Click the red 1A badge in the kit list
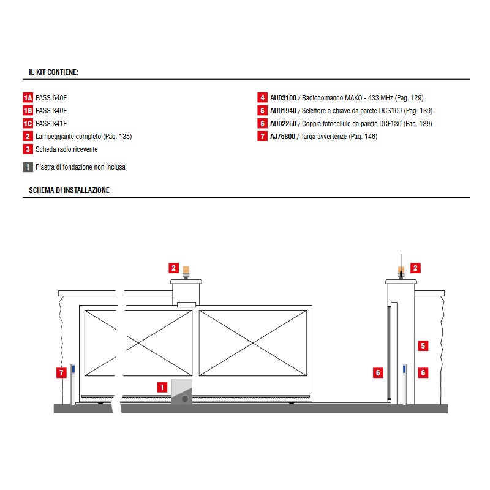point(28,98)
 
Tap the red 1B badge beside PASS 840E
point(28,111)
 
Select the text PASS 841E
point(51,124)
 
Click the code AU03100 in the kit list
point(283,98)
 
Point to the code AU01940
point(283,111)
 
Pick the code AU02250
point(283,124)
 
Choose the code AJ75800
point(282,137)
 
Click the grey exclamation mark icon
point(28,167)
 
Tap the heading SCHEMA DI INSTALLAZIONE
point(69,190)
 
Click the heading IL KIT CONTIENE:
point(54,72)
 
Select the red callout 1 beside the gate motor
point(162,388)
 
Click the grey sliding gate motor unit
point(181,391)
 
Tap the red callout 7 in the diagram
point(61,372)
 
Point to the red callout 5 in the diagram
point(423,345)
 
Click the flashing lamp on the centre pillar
point(186,272)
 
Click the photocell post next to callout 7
point(73,385)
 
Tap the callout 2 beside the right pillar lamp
point(415,268)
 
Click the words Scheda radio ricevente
point(67,149)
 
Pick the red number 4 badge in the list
point(263,98)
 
